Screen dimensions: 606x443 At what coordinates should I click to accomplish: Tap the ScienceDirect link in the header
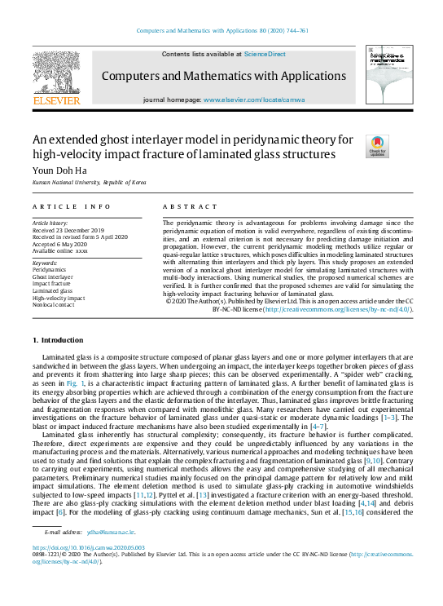pos(265,54)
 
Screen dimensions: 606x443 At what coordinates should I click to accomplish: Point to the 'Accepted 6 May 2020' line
pos(60,244)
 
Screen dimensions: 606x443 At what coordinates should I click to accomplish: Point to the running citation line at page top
pos(221,30)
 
